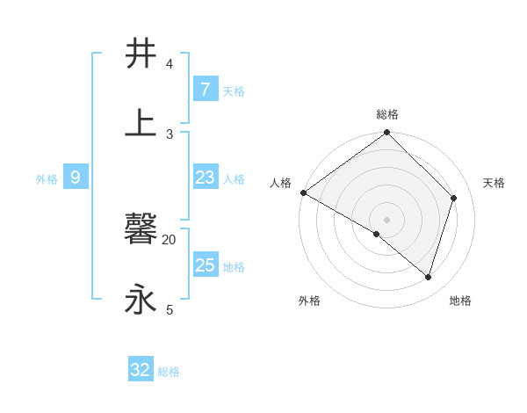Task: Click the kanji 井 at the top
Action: pos(141,54)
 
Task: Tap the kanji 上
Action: pos(141,123)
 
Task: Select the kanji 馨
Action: pos(141,230)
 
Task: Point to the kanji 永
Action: pos(141,300)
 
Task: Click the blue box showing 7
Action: pos(205,89)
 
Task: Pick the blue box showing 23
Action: pos(205,178)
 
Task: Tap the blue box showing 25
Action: pos(205,265)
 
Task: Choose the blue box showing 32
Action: pos(141,370)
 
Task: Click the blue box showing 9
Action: pos(76,178)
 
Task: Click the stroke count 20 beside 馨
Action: pos(170,239)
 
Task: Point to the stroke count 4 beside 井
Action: pos(170,64)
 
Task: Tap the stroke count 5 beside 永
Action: pos(170,309)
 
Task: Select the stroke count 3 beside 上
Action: pos(170,134)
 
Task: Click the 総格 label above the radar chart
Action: pos(387,114)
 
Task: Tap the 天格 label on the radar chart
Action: pos(494,183)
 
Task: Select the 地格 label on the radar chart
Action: pos(460,301)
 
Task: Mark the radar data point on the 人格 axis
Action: pos(303,192)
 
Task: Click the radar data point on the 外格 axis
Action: pos(377,234)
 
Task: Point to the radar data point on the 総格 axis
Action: pos(387,134)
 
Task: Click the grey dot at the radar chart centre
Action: pos(387,219)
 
